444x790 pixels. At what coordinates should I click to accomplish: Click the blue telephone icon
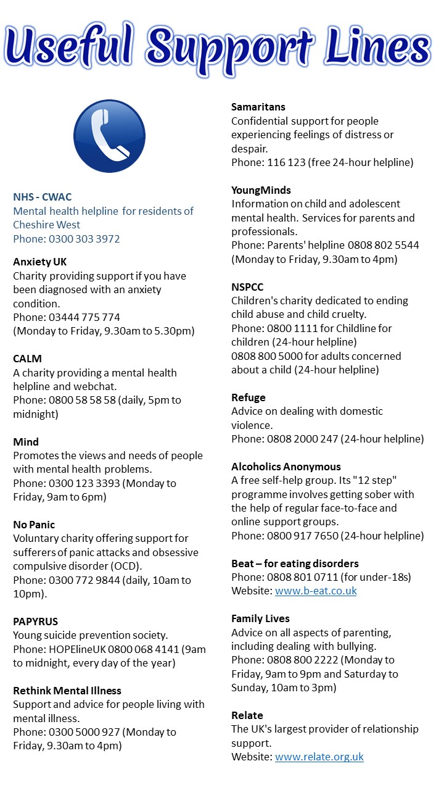click(x=109, y=136)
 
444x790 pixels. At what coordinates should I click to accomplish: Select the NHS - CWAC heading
click(x=43, y=197)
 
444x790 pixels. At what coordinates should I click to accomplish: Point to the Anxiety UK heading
click(x=40, y=262)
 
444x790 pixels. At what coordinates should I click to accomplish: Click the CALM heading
click(x=28, y=359)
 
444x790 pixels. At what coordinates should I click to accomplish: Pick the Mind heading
click(x=26, y=442)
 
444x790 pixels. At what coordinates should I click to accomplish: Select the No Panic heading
click(x=34, y=525)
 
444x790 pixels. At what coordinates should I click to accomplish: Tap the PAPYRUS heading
click(x=36, y=622)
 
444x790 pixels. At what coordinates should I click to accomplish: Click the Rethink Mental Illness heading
click(x=67, y=691)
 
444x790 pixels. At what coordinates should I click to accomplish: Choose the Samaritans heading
click(x=258, y=107)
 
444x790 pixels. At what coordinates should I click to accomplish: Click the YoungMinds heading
click(x=261, y=190)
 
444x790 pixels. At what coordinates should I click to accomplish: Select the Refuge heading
click(x=249, y=397)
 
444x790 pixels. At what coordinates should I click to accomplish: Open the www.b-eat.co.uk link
click(x=316, y=591)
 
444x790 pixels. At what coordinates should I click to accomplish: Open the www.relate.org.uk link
click(x=319, y=757)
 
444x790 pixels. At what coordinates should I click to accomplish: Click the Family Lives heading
click(x=260, y=618)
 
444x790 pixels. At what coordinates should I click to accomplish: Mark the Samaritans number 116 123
click(x=287, y=163)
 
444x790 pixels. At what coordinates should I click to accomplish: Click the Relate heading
click(x=247, y=715)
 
